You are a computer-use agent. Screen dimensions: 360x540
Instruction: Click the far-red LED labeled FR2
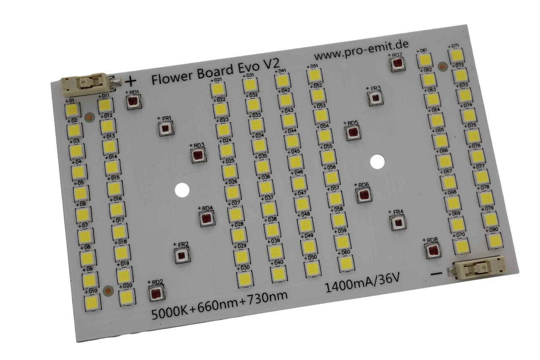181,254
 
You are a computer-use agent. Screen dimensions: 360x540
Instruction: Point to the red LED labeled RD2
155,292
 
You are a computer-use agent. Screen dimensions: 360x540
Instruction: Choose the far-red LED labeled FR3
375,98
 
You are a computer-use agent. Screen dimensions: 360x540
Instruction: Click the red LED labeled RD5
351,133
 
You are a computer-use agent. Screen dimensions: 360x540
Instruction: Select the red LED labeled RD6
363,195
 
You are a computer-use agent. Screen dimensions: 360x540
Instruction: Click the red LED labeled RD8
432,250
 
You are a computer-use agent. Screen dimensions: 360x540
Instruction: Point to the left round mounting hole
182,190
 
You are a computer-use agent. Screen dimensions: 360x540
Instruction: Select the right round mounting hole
377,161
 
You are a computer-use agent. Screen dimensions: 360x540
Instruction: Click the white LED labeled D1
72,110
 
